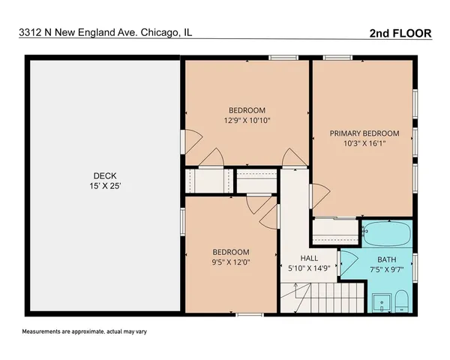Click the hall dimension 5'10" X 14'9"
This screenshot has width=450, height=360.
coord(310,267)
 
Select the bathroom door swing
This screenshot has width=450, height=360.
coord(347,262)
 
